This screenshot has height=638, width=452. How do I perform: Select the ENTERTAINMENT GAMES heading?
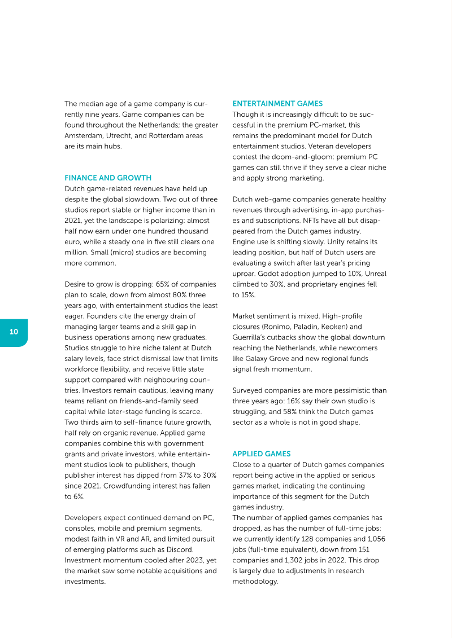pyautogui.click(x=277, y=104)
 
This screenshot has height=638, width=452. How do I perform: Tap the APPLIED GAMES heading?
pyautogui.click(x=262, y=454)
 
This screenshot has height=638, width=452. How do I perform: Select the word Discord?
pyautogui.click(x=179, y=549)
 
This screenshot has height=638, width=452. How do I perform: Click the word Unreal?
pyautogui.click(x=375, y=274)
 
